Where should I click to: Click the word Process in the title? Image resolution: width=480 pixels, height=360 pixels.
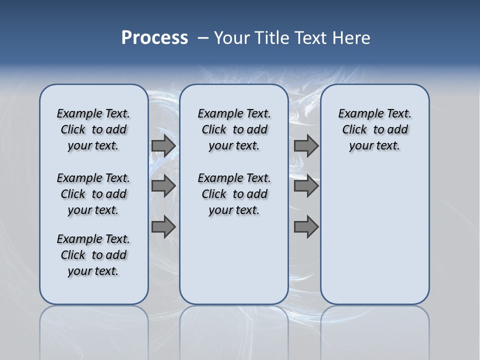[154, 38]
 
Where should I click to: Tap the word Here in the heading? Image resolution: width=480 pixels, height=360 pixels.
[352, 38]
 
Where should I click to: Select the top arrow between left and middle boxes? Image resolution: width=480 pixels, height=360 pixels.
[163, 146]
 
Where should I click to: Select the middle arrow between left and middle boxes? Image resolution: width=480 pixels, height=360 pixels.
[163, 186]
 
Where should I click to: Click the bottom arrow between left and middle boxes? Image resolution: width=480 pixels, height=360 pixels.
[163, 226]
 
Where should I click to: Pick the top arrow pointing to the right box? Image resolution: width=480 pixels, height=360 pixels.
[306, 146]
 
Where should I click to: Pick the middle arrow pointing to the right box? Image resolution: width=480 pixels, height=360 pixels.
[306, 186]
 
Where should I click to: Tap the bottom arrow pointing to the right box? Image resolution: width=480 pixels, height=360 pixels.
[306, 226]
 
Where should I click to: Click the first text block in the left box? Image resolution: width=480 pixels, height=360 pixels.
[93, 129]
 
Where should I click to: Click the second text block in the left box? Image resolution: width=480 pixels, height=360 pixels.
[93, 194]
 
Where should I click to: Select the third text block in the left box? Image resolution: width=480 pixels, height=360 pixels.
[93, 255]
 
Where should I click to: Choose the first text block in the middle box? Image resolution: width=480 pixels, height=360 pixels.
[234, 129]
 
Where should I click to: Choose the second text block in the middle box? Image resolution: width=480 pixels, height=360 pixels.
[234, 194]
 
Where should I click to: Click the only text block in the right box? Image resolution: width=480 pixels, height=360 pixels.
[374, 129]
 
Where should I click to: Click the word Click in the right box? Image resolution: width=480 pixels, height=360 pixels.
[354, 130]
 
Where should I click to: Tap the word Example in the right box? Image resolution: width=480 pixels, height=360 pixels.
[356, 114]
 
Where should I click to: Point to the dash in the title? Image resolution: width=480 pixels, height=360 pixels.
[203, 38]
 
